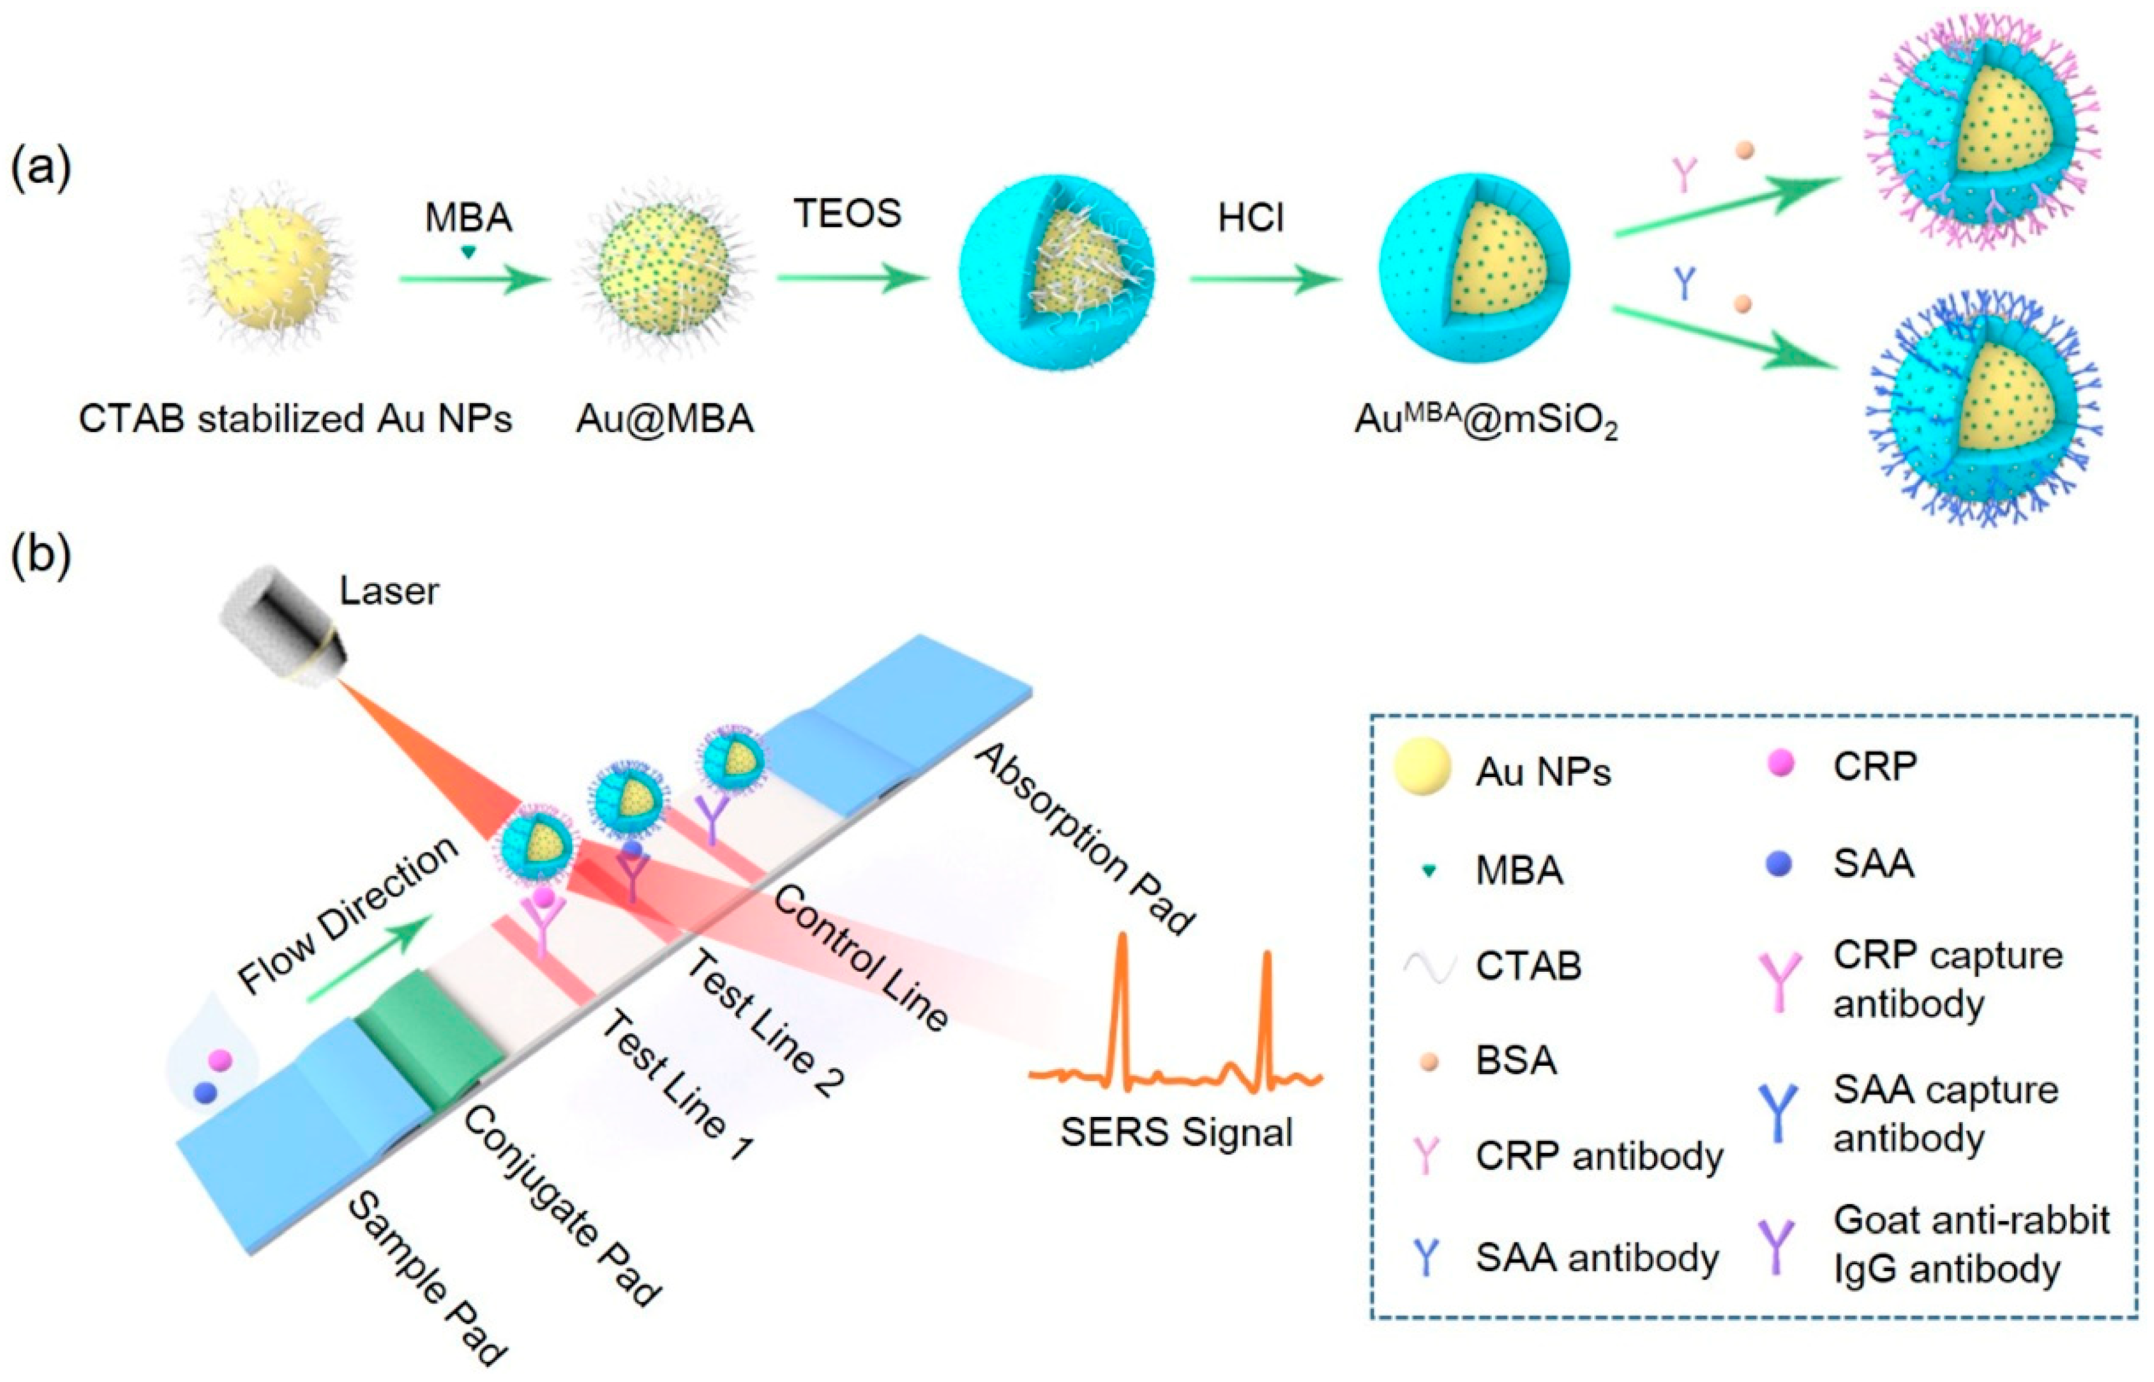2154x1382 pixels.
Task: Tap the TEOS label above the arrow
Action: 846,214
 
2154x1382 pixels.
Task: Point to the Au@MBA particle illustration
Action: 664,278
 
